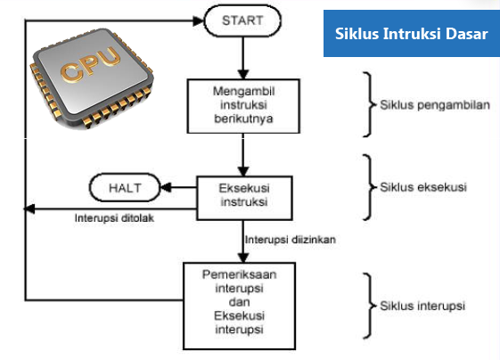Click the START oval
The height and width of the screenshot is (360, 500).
(243, 19)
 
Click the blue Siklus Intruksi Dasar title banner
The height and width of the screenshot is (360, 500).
(411, 34)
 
